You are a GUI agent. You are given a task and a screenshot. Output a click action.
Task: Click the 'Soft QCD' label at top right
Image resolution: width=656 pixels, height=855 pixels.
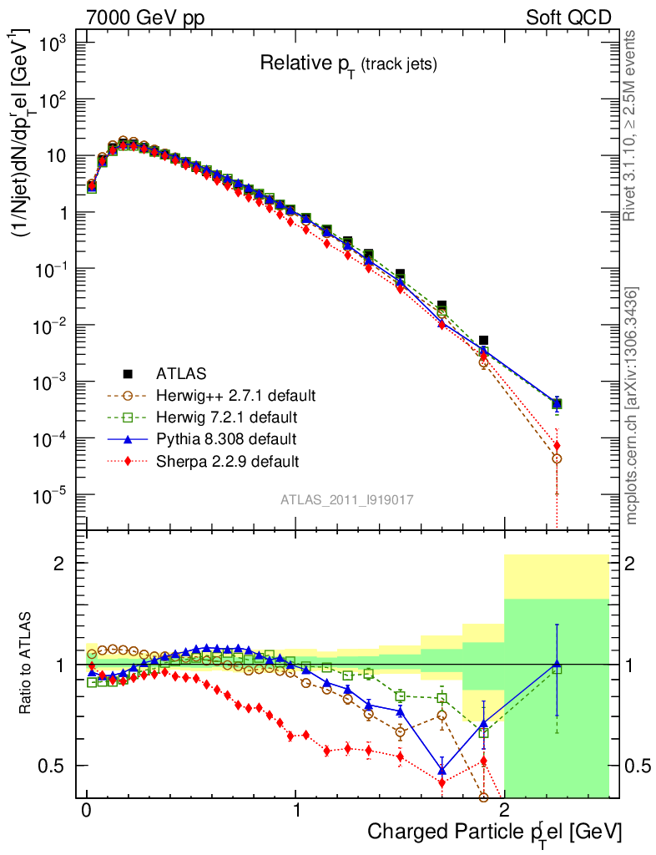[x=568, y=18]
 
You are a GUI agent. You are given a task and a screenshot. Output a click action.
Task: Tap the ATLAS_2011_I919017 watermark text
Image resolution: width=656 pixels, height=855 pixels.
[x=347, y=499]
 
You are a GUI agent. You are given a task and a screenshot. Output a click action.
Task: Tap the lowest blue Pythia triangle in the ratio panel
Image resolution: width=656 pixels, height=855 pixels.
[x=442, y=770]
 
